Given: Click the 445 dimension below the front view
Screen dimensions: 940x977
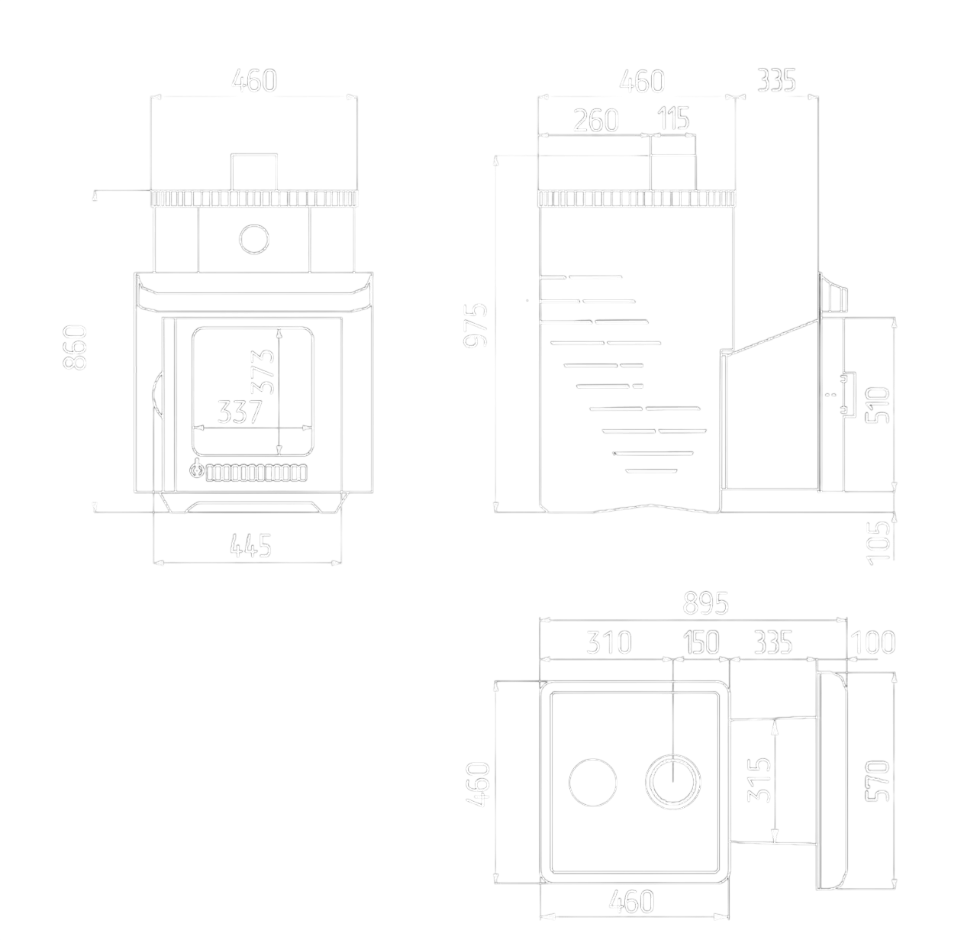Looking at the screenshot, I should point(250,545).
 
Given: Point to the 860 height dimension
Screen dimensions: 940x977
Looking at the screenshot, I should point(76,347).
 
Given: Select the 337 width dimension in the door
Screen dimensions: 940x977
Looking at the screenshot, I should point(240,412).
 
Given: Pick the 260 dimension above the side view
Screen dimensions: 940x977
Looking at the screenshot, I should point(595,120).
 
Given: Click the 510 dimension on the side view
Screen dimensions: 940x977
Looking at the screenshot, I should point(878,405).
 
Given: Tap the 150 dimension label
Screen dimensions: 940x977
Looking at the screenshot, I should point(700,643).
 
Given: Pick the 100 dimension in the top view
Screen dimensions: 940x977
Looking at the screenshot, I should point(872,643).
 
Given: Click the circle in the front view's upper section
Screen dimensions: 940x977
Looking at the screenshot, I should point(254,239).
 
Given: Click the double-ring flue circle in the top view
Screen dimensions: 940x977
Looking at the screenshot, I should point(672,783).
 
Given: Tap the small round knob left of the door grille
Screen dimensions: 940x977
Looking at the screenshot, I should point(197,471).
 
